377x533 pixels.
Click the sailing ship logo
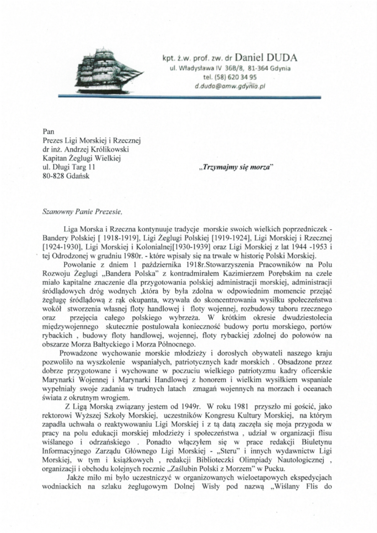pyautogui.click(x=109, y=67)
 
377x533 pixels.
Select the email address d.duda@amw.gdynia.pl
pyautogui.click(x=230, y=86)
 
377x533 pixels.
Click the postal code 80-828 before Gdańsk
pyautogui.click(x=52, y=176)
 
